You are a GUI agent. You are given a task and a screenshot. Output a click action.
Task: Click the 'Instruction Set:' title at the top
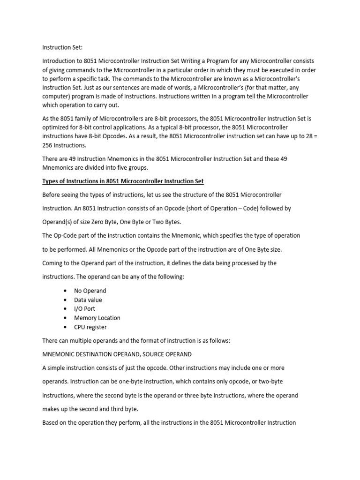coord(62,47)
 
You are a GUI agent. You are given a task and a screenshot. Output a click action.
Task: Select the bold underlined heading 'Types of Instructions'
coord(123,181)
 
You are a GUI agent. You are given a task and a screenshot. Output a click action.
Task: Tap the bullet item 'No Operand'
coord(90,291)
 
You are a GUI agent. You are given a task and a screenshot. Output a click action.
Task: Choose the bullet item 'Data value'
coord(88,300)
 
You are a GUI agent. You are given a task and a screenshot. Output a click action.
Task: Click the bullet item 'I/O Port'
coord(84,309)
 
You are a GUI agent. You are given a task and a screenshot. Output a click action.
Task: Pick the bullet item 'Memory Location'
coord(97,318)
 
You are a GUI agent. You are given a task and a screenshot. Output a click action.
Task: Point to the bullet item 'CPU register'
coord(90,327)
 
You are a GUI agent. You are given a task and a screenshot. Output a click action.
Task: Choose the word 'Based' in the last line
coord(51,422)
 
